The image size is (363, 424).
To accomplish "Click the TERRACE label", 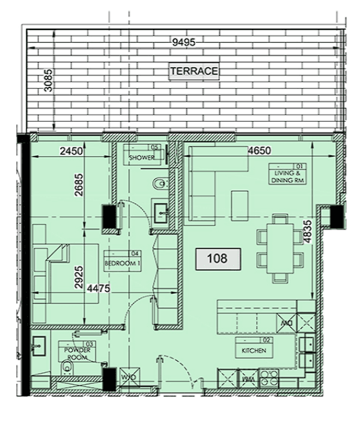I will pyautogui.click(x=193, y=71).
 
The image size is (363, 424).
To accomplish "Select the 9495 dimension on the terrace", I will pyautogui.click(x=184, y=41).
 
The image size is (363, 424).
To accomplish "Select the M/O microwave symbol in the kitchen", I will pyautogui.click(x=285, y=323).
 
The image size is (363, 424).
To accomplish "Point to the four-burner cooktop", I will pyautogui.click(x=268, y=378).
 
